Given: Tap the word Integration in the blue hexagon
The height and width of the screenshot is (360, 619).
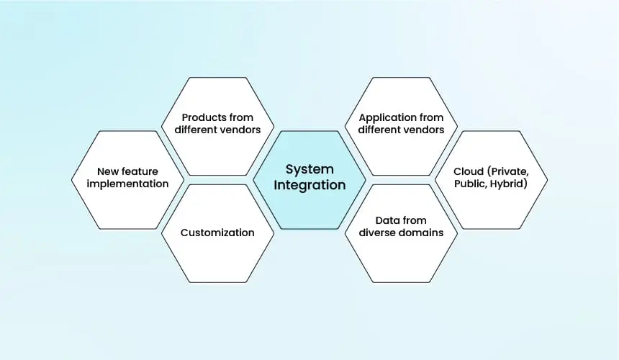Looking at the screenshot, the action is (309, 185).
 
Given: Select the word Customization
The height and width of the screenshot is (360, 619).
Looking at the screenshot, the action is (217, 233).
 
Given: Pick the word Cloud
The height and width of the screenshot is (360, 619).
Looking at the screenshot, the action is (468, 171).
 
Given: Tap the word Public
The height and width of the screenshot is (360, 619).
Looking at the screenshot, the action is (470, 184).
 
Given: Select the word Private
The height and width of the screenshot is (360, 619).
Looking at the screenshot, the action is (508, 171).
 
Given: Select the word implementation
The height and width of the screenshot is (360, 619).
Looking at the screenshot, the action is (127, 184).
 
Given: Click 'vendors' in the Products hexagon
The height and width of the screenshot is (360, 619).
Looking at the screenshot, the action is (241, 130).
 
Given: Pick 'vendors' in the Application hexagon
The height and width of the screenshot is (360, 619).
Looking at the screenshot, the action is (425, 130).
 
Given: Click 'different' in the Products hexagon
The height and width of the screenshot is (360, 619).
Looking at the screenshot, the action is (196, 130).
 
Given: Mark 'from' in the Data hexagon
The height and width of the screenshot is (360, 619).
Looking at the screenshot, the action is (414, 220).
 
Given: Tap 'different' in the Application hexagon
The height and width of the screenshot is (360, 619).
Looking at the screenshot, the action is (380, 130).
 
